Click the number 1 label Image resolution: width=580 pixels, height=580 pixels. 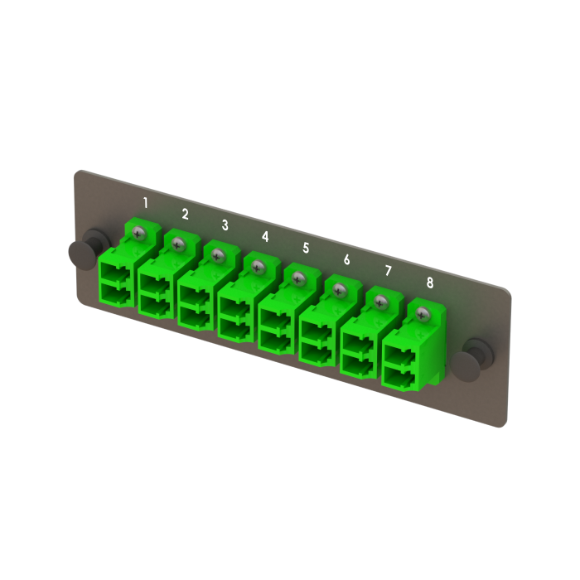[146, 202]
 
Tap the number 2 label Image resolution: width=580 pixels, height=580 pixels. [185, 214]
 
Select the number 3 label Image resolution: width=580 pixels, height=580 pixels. [225, 225]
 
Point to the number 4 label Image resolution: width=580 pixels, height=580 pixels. [265, 236]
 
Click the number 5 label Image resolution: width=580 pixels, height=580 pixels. [306, 248]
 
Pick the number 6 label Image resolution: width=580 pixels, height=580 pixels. [346, 259]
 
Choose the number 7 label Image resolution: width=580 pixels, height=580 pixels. [388, 271]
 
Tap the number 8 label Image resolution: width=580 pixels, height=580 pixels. [429, 283]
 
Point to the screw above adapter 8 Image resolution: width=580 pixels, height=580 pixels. [423, 313]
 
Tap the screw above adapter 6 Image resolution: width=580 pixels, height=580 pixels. [340, 290]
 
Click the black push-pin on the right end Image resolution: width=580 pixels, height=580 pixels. [478, 353]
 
